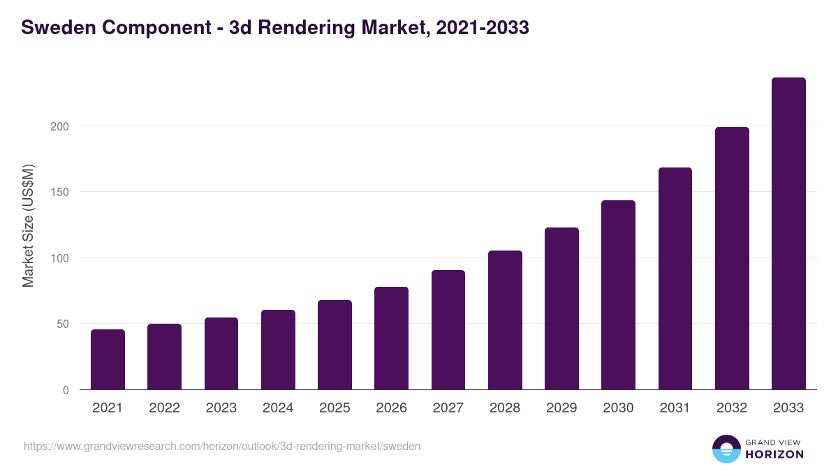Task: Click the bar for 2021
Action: point(108,359)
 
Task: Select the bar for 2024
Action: point(278,350)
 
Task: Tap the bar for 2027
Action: point(448,329)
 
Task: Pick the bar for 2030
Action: point(618,294)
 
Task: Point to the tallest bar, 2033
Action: point(788,233)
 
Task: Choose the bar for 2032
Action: point(732,258)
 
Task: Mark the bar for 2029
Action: point(561,308)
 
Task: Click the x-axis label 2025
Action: point(335,408)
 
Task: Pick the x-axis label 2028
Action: point(505,408)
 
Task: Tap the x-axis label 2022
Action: point(164,408)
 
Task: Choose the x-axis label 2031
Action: point(675,408)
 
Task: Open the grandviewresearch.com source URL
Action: point(222,446)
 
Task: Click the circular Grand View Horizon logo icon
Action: point(726,449)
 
